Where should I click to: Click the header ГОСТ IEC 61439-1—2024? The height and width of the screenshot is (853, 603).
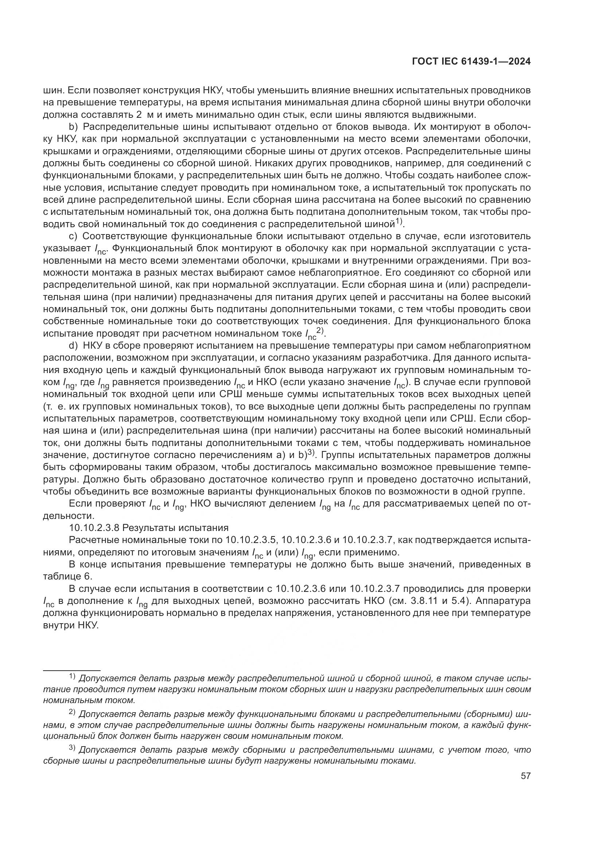471,62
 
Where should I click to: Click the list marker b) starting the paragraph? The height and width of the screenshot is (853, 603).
73,127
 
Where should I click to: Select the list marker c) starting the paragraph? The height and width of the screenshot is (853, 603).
73,236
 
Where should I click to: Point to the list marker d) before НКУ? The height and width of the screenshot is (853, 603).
73,345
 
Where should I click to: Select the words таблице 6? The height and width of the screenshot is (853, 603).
67,576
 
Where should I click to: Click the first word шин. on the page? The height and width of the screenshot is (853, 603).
54,90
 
